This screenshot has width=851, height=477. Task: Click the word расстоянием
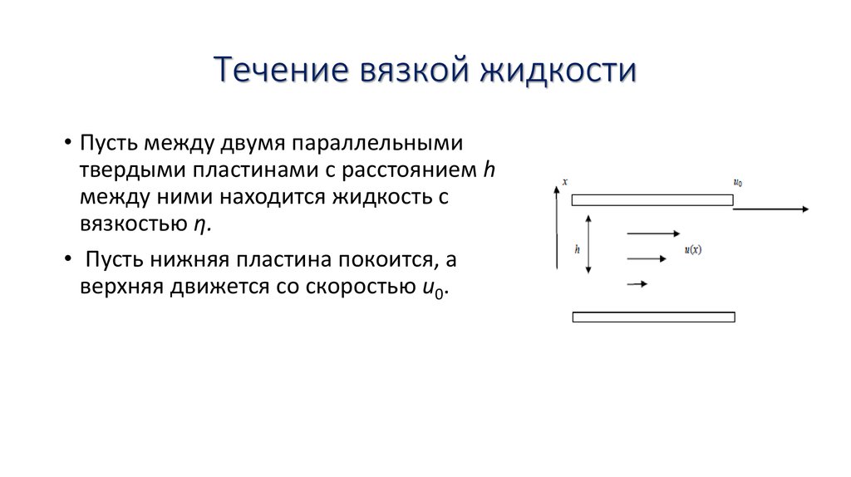point(421,170)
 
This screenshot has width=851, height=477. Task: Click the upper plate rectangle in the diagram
point(652,199)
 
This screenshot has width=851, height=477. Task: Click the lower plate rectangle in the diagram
point(653,317)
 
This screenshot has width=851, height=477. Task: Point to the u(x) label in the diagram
point(693,249)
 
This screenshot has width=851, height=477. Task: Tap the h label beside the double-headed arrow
point(577,248)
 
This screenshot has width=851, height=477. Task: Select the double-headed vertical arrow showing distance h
point(588,244)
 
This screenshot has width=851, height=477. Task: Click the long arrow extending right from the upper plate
point(771,209)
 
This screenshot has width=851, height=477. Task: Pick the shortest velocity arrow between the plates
point(637,283)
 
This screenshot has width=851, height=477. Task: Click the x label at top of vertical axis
point(564,180)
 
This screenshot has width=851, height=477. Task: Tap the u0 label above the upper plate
point(738,182)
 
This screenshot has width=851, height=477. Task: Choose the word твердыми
point(123,170)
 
